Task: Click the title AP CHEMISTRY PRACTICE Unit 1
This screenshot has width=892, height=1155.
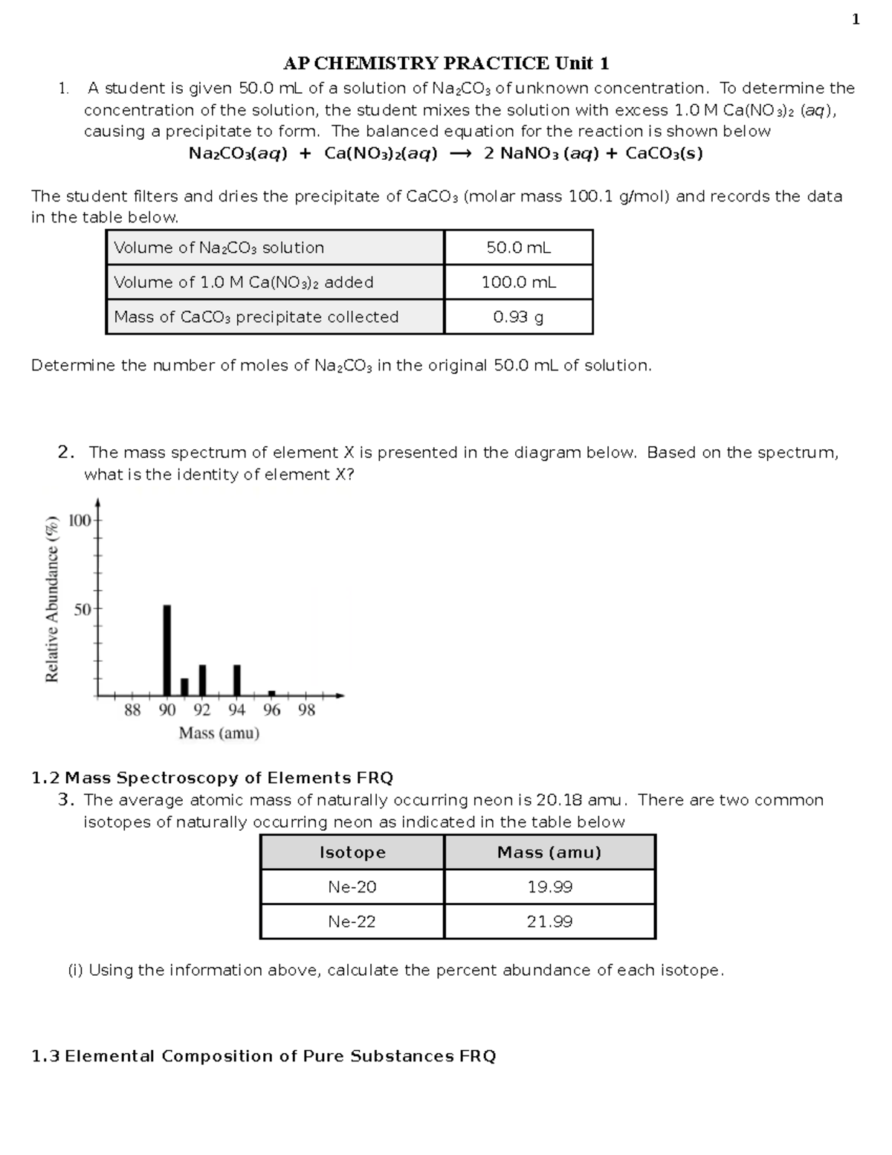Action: coord(446,62)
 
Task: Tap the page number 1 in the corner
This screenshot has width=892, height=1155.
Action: coord(856,20)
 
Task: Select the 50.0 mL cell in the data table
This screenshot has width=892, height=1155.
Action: coord(518,248)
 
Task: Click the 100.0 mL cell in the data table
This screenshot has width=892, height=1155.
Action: coord(518,283)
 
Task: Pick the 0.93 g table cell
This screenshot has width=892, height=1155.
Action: coord(518,317)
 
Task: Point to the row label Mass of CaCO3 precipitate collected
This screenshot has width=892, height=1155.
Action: coord(256,317)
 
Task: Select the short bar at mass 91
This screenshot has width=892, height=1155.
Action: coord(184,686)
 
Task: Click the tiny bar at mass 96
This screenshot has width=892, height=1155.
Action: coord(271,692)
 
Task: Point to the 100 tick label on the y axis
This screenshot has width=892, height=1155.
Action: coord(80,521)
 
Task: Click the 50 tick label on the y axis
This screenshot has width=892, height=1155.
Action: coord(83,609)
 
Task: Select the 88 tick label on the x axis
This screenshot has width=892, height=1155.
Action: coord(132,710)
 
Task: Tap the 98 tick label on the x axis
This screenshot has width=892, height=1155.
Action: coord(306,710)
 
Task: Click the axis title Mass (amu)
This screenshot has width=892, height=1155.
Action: coord(219,733)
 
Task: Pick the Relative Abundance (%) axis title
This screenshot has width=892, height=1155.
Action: coord(51,599)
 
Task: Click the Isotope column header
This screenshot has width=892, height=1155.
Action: coord(352,852)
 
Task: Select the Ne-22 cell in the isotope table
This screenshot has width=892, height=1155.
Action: coord(352,921)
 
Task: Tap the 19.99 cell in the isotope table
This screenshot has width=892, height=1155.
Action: coord(549,887)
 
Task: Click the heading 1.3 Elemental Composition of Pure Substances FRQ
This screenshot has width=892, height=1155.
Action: coord(264,1056)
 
